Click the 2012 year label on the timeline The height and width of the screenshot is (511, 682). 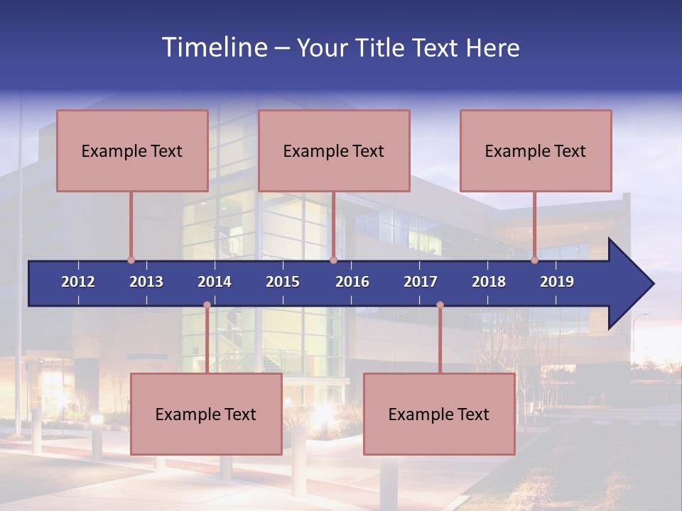tap(78, 282)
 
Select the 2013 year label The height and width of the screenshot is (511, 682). tap(146, 282)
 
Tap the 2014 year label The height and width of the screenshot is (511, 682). tap(215, 282)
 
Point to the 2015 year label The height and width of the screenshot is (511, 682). tap(283, 282)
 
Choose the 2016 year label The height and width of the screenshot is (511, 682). tap(352, 282)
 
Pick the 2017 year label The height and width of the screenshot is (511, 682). tap(421, 282)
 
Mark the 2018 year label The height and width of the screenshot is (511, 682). tap(489, 282)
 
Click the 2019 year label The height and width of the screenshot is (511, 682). tap(557, 282)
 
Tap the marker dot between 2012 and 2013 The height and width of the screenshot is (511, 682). tap(131, 260)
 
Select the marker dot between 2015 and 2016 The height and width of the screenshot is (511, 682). tap(333, 260)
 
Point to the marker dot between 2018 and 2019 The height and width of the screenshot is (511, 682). tap(535, 260)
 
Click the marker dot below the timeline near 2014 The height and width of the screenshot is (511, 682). tap(207, 305)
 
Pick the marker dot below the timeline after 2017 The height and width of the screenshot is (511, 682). tap(440, 305)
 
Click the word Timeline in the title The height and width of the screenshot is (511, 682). tap(214, 48)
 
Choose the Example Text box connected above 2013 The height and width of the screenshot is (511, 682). tap(132, 150)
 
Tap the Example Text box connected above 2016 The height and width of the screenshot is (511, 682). tap(334, 150)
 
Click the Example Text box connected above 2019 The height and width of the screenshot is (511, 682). tap(536, 150)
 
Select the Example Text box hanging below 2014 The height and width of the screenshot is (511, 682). tap(206, 414)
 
